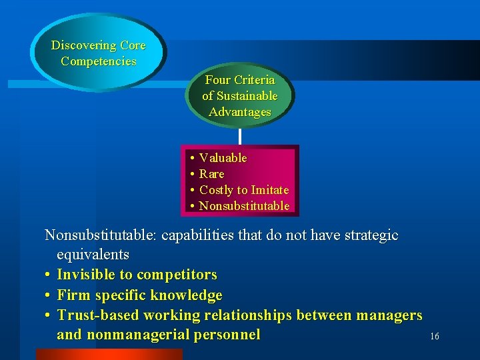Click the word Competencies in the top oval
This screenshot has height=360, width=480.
(x=99, y=61)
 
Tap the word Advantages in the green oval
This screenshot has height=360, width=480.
(x=240, y=112)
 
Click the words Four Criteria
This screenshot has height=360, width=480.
(x=240, y=80)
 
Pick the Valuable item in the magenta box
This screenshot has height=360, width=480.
(x=223, y=158)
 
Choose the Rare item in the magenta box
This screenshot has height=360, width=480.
(x=212, y=174)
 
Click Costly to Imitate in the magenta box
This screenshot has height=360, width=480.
(x=244, y=190)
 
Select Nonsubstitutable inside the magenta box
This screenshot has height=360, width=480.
(x=244, y=206)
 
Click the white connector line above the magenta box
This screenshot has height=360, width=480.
(x=239, y=136)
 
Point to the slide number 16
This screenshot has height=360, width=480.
(x=434, y=337)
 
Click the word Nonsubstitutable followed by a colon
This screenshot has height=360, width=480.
(x=101, y=235)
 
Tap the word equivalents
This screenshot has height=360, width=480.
(x=93, y=255)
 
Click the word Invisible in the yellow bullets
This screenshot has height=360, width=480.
(x=85, y=275)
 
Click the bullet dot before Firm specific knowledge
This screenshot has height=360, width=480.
(x=49, y=295)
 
